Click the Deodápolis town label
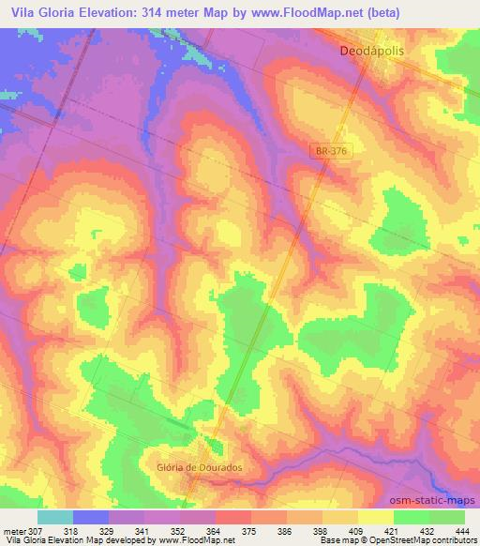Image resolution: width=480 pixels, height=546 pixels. point(370,53)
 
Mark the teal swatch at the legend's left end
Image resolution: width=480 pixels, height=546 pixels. point(54,516)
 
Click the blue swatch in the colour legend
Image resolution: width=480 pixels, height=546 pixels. point(91,516)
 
